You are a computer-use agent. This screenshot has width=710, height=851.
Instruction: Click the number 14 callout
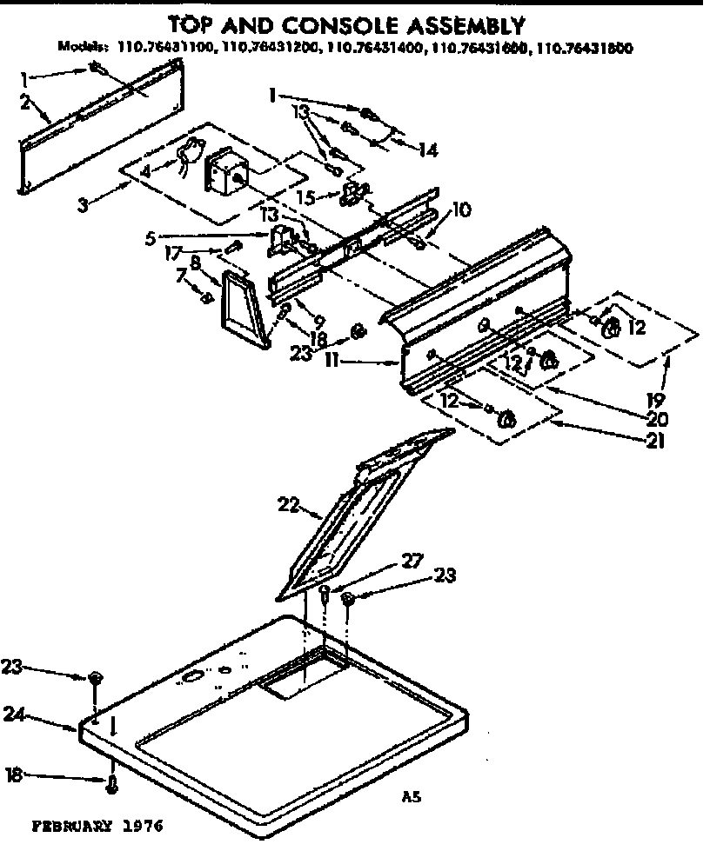[426, 150]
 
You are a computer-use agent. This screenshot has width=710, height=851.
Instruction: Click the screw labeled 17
[232, 249]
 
